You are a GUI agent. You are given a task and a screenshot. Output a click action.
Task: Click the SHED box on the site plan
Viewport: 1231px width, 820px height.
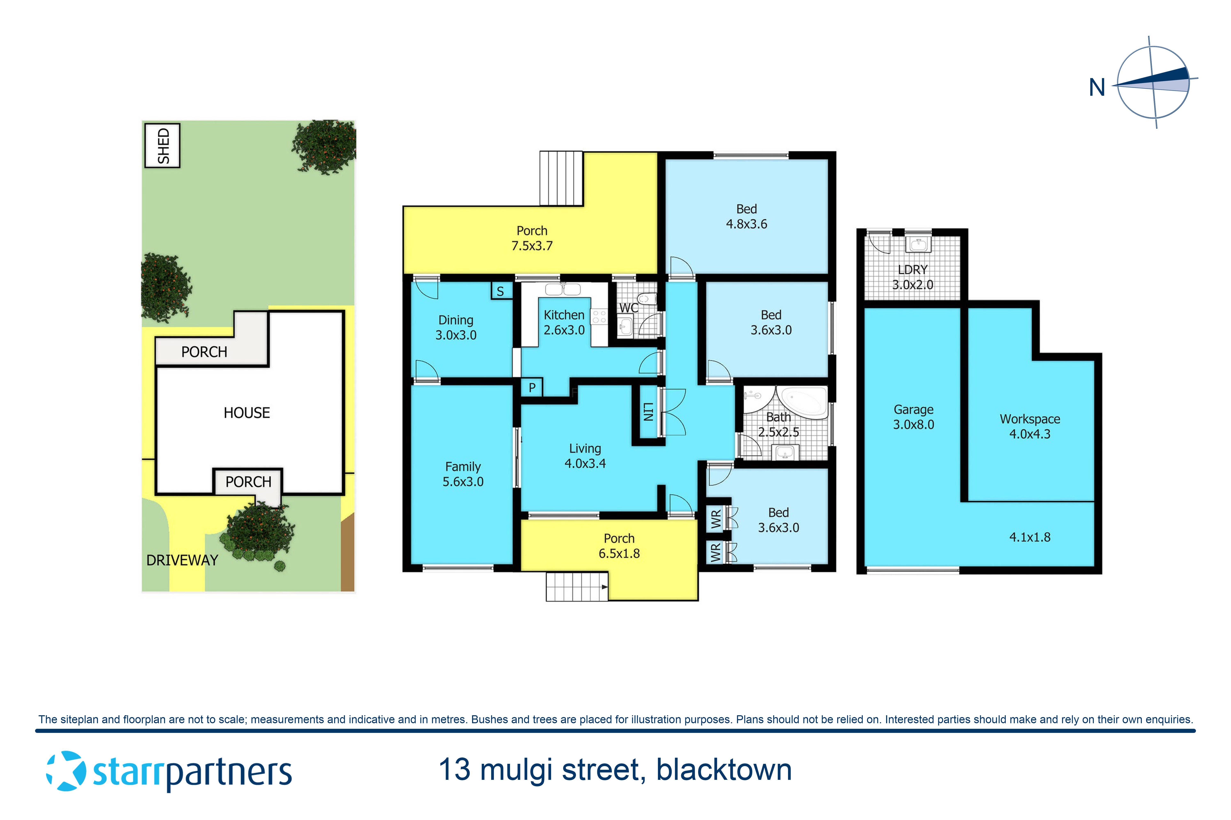162,145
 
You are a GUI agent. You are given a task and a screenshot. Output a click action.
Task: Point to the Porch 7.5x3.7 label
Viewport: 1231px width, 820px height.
532,238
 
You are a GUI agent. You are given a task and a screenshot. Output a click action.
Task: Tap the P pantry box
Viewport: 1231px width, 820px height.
532,387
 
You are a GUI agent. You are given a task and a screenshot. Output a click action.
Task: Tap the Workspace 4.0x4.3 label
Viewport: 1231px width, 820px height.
1030,426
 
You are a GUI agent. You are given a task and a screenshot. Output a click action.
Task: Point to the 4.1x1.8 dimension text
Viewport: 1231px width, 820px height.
1030,537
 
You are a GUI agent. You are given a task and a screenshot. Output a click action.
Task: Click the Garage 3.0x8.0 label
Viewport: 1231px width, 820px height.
913,417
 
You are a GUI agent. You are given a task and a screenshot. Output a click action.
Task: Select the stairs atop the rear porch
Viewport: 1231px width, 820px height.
561,178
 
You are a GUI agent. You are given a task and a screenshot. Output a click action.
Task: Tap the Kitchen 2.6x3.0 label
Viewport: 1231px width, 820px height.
564,322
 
